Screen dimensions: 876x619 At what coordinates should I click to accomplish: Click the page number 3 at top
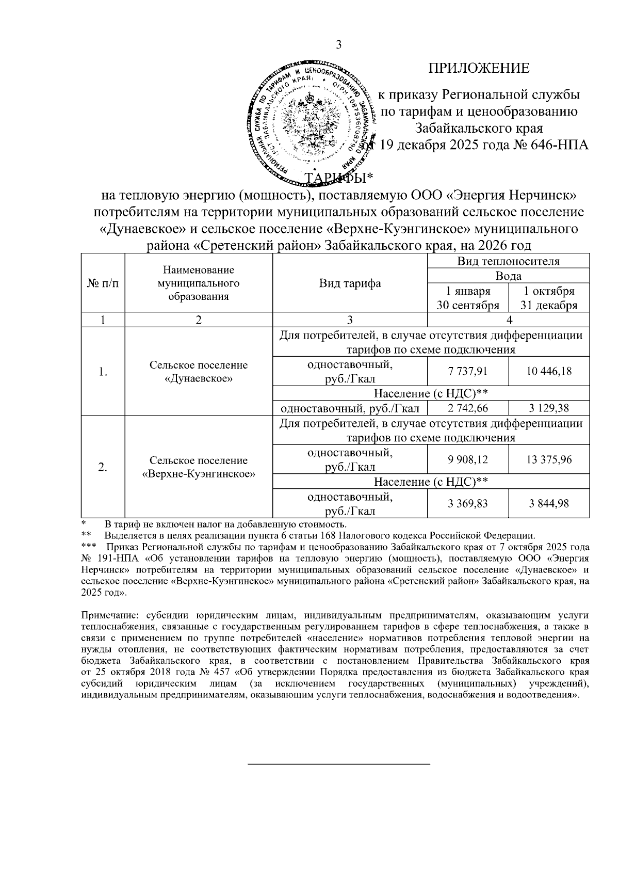[x=339, y=45]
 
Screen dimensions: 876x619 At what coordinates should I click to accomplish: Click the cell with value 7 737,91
[x=468, y=371]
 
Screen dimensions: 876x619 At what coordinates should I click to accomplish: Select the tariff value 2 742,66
[x=468, y=408]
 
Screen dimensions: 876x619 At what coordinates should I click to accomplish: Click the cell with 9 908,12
[x=468, y=459]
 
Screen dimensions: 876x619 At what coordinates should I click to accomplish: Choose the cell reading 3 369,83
[x=468, y=503]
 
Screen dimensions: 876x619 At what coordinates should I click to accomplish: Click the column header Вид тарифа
[x=350, y=283]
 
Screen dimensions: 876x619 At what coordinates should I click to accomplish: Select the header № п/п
[x=103, y=283]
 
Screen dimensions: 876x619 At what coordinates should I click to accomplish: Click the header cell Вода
[x=508, y=276]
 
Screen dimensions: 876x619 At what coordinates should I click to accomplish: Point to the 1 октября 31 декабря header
[x=549, y=298]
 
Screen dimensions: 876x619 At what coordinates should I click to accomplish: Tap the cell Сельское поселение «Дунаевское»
[x=199, y=372]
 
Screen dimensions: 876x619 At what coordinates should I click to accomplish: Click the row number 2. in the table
[x=103, y=467]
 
